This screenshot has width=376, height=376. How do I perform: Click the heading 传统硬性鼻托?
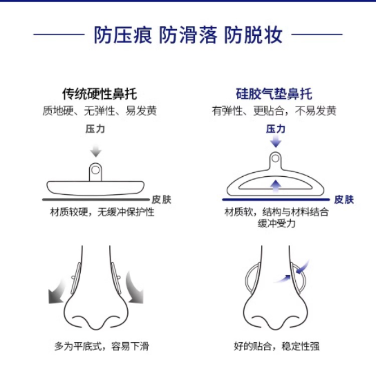click(99, 94)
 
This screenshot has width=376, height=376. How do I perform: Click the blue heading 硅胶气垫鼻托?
click(274, 94)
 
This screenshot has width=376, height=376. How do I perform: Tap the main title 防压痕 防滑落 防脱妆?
click(188, 35)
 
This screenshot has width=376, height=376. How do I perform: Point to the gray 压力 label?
click(95, 129)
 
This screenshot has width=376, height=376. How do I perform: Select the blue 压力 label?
click(276, 129)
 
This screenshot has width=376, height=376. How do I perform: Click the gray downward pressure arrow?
click(95, 150)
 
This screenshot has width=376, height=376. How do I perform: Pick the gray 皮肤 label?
click(162, 200)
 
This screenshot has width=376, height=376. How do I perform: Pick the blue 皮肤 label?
click(344, 200)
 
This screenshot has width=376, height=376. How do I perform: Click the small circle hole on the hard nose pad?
click(95, 170)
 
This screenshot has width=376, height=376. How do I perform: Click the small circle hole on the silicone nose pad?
click(276, 158)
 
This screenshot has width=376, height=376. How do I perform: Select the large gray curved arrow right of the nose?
click(135, 288)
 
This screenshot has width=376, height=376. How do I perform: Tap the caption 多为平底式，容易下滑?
click(102, 346)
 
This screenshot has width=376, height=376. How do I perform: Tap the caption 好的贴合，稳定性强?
click(277, 346)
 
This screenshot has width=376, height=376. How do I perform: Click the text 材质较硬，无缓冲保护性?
click(102, 212)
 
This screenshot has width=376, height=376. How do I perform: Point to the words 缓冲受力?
click(276, 223)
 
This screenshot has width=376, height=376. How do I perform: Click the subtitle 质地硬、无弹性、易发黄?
click(99, 111)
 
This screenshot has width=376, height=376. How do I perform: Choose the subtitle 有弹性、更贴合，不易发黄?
click(274, 111)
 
